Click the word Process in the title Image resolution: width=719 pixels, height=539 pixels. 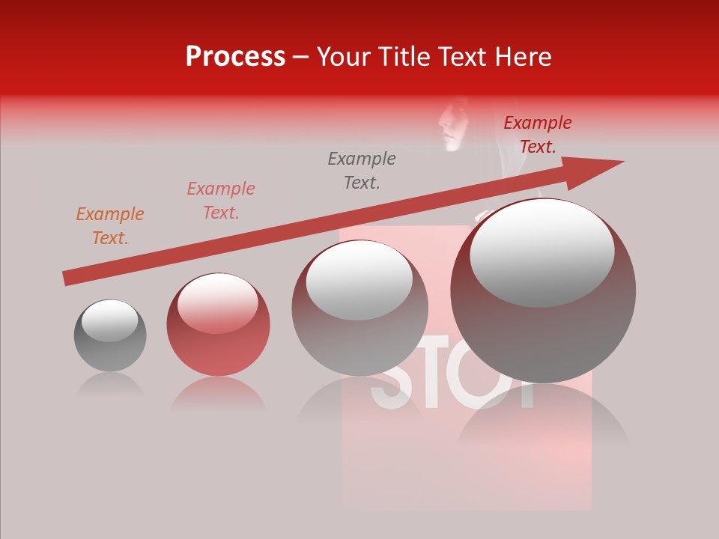[x=235, y=57]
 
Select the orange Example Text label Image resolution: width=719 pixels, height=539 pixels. [x=110, y=226]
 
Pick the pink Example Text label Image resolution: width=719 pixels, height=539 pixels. [x=221, y=201]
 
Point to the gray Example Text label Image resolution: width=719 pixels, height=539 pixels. [x=362, y=170]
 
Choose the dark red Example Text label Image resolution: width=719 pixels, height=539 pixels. [x=538, y=135]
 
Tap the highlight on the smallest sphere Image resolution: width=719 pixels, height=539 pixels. [x=109, y=320]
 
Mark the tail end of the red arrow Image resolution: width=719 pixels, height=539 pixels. [x=69, y=278]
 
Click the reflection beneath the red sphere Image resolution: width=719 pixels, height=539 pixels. [x=218, y=395]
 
